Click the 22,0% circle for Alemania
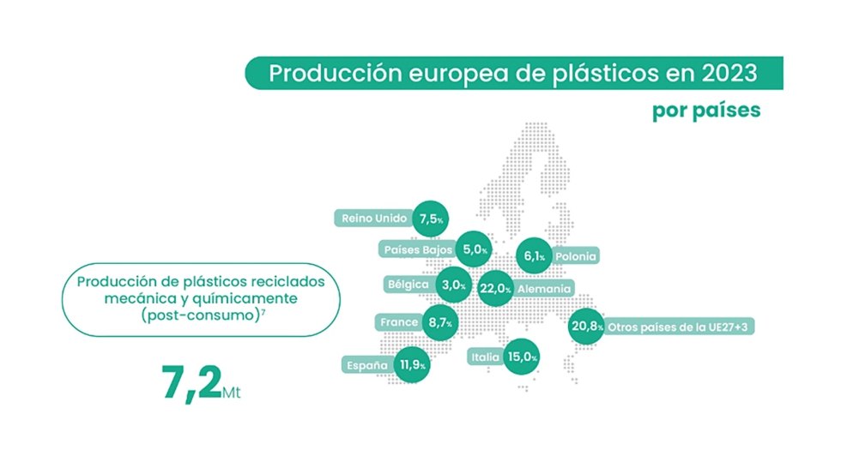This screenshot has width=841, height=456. click(495, 288)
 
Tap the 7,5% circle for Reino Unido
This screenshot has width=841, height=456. click(430, 219)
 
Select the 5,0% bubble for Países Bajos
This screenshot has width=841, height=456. click(474, 249)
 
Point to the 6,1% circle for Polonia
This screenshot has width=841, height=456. click(534, 256)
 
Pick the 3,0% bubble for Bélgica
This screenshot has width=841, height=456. click(454, 285)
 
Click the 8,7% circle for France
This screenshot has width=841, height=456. click(439, 323)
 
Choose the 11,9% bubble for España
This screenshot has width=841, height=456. click(412, 364)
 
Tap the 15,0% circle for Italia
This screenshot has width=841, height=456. click(522, 357)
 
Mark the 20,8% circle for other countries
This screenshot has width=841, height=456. click(586, 326)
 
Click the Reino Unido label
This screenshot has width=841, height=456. click(374, 218)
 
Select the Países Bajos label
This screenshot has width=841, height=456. click(418, 249)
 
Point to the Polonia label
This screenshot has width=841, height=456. click(576, 256)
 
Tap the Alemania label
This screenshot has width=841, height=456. click(544, 289)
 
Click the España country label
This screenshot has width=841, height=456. click(367, 365)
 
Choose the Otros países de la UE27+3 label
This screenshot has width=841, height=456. click(677, 327)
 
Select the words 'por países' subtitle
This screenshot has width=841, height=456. click(706, 111)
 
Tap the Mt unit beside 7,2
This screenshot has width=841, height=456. click(231, 393)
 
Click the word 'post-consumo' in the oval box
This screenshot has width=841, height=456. click(200, 315)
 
